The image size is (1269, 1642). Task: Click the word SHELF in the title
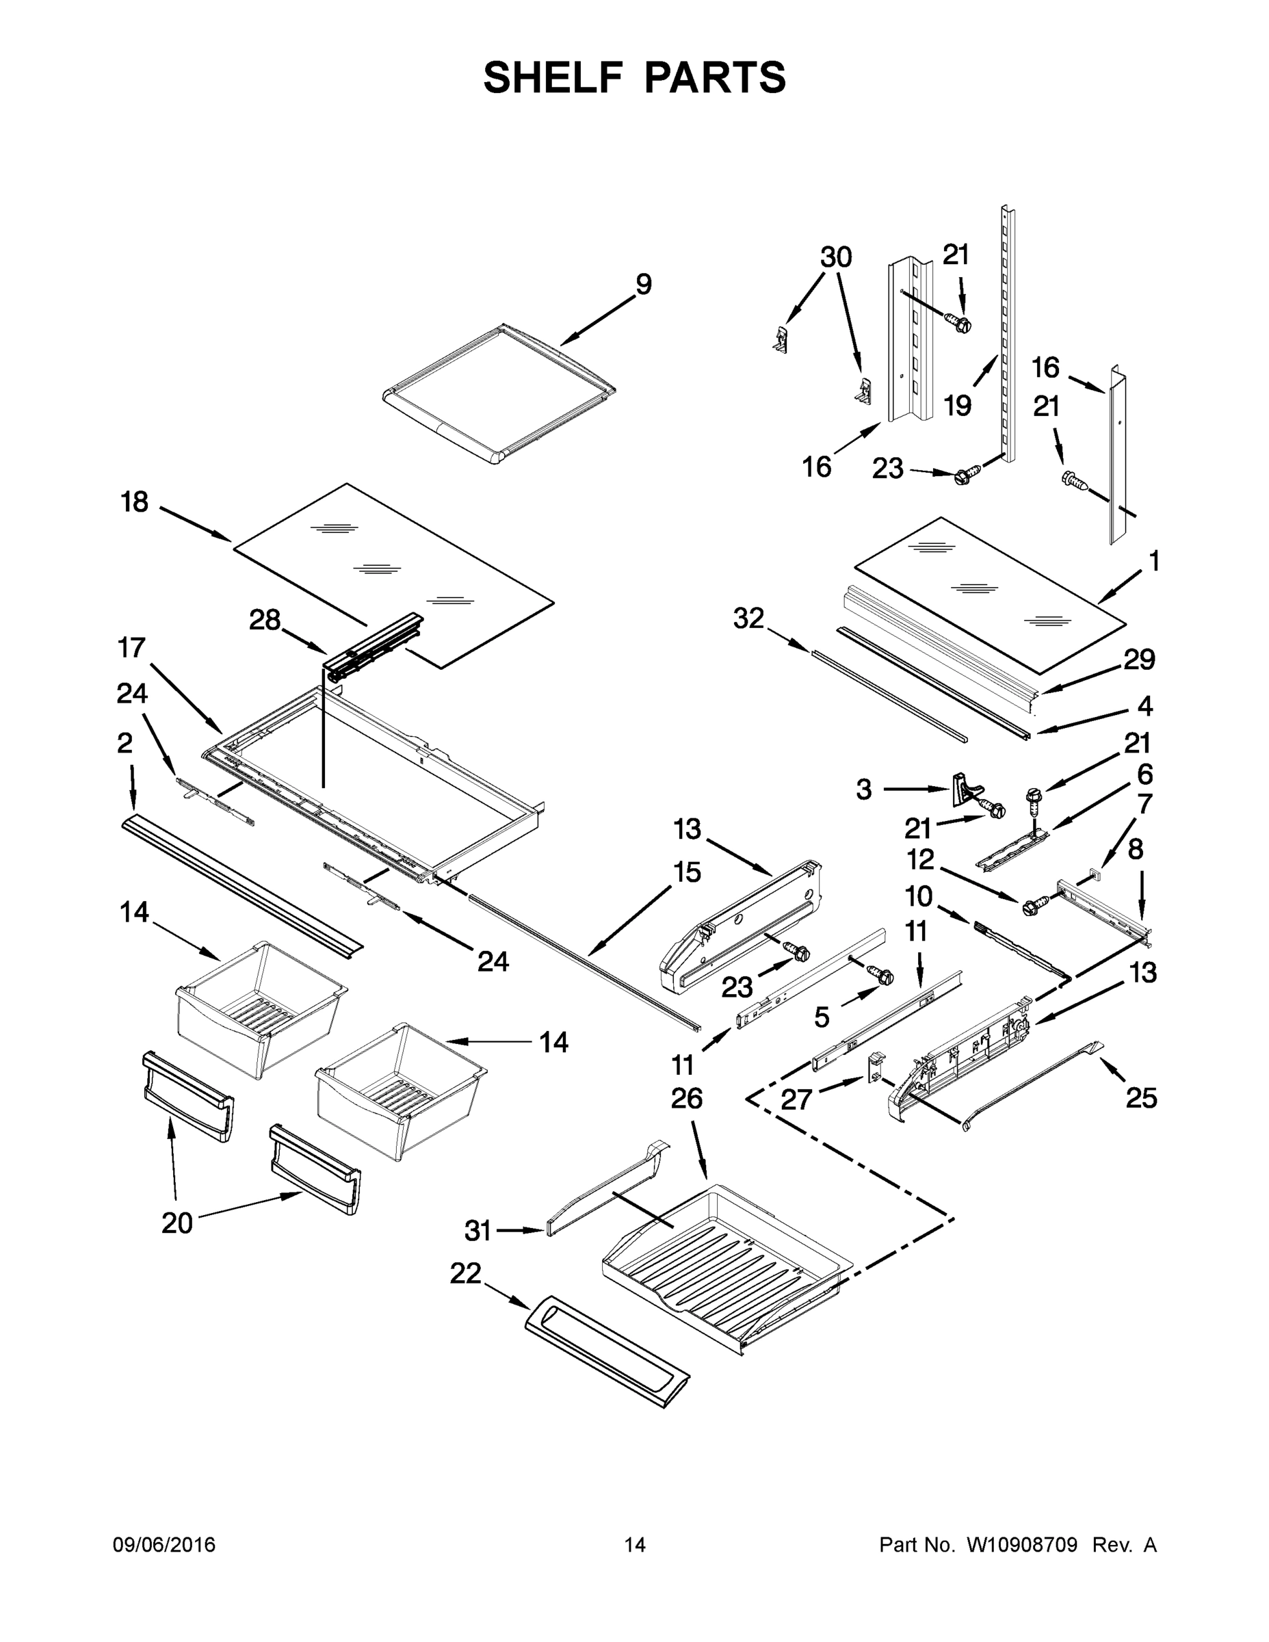pos(552,77)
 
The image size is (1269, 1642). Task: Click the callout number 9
pos(643,285)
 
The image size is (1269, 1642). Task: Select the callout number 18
pos(135,502)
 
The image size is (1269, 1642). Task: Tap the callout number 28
pos(265,621)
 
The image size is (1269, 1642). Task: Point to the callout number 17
pos(131,647)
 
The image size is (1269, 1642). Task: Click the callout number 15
pos(686,872)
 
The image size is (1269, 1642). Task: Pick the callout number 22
pos(465,1274)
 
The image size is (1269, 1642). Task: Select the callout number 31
pos(477,1231)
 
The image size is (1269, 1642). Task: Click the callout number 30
pos(835,258)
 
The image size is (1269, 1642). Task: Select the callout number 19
pos(957,406)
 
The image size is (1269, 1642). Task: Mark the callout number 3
pos(864,790)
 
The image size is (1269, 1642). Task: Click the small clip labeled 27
pos(875,1067)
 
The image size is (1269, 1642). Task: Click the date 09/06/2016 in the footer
pos(164,1545)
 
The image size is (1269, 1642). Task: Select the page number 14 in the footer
pos(635,1545)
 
